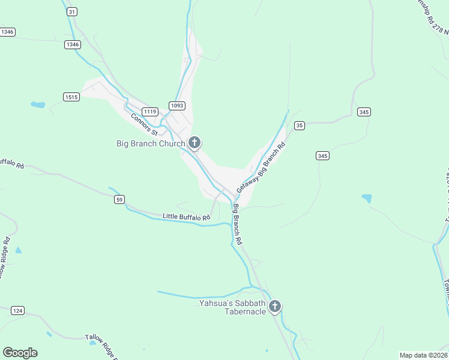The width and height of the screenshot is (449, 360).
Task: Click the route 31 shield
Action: click(72, 11)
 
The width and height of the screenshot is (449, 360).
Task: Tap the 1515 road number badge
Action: click(71, 97)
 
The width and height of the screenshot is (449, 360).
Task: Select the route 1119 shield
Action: click(150, 112)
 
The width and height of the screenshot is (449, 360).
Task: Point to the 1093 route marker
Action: click(176, 106)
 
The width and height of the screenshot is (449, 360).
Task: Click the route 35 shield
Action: click(300, 125)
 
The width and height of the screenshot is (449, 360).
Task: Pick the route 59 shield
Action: click(120, 199)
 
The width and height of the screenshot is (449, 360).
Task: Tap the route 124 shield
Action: click(18, 310)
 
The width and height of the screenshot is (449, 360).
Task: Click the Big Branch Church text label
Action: click(150, 143)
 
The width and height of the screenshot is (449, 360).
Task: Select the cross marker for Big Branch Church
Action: click(194, 143)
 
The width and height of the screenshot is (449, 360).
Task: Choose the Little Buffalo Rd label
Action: click(187, 217)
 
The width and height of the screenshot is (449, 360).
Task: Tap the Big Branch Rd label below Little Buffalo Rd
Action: click(238, 224)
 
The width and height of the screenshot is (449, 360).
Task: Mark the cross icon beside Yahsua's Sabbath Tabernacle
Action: click(275, 307)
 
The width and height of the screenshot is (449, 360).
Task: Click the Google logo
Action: click(20, 353)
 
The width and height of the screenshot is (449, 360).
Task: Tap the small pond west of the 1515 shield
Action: click(38, 105)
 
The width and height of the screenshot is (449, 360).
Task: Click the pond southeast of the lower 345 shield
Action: click(367, 198)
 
